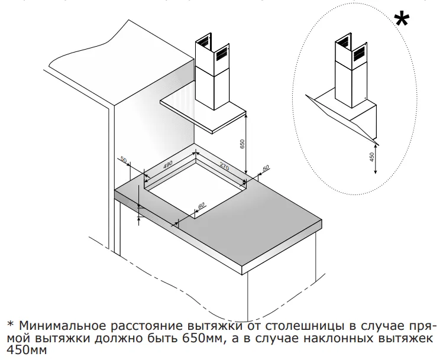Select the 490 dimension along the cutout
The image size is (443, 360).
167,164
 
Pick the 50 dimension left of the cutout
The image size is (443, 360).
124,160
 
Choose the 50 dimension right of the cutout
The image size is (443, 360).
265,168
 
